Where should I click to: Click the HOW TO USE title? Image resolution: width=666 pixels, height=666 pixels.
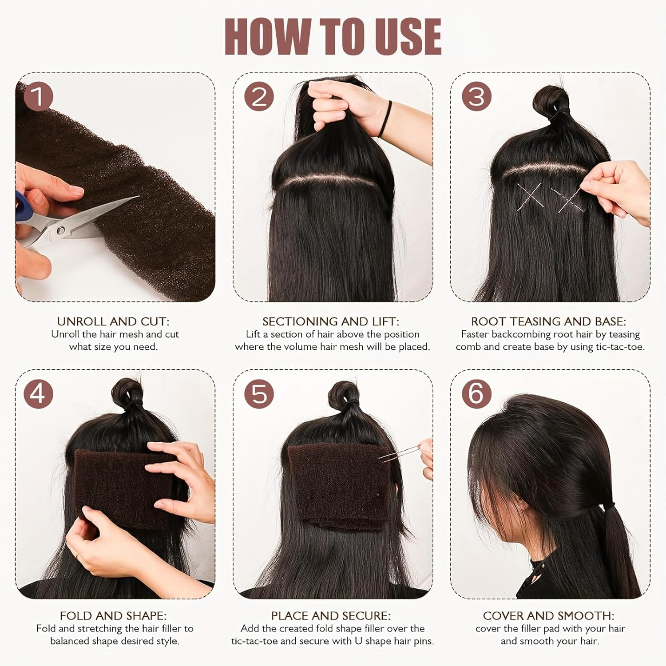click(333, 37)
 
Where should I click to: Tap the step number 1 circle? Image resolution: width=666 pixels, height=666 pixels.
click(38, 96)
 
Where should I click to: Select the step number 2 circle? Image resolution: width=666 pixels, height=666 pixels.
click(259, 96)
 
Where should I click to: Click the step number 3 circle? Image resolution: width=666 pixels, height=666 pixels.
click(476, 96)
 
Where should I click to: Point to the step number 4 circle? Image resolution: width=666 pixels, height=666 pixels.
click(38, 393)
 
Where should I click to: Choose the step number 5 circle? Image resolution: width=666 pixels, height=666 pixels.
click(259, 393)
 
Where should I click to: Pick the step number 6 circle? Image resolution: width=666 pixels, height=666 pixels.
click(476, 393)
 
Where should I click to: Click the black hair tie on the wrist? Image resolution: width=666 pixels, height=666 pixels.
click(385, 120)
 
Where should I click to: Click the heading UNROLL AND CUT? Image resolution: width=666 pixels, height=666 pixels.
click(113, 321)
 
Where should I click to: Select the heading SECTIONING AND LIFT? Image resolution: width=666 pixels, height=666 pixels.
click(331, 321)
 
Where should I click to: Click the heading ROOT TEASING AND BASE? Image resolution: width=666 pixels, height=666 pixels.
click(548, 321)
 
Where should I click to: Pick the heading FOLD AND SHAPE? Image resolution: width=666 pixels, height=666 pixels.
click(113, 615)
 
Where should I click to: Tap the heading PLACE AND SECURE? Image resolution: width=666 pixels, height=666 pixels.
click(331, 615)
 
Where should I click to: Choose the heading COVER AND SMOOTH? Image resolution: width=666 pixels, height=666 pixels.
click(548, 615)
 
